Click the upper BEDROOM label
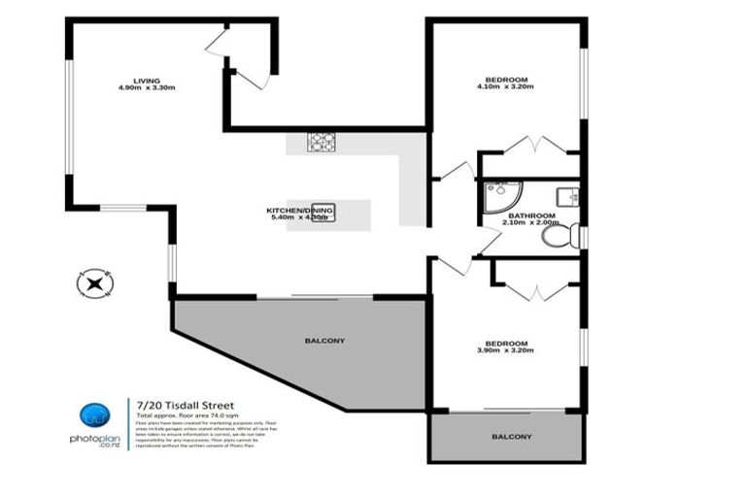tap(506, 79)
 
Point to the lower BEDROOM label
tap(506, 343)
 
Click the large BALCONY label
tap(325, 341)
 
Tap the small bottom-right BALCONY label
tap(512, 437)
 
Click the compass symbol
tap(94, 283)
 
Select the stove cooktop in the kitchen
tap(322, 143)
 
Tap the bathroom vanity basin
tap(573, 195)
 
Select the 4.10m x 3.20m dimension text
tap(506, 87)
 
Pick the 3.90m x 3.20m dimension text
tap(506, 351)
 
